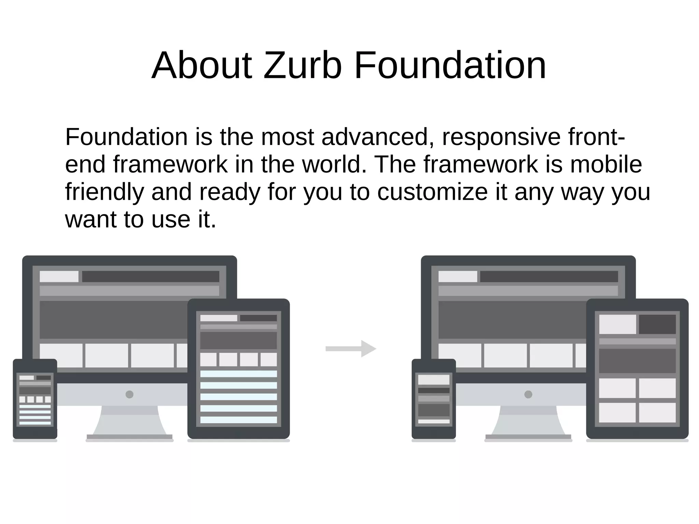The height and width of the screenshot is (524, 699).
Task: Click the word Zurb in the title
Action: pos(302,65)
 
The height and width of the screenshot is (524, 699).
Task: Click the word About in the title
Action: pos(202,65)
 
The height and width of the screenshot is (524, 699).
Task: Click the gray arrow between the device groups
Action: pos(351,349)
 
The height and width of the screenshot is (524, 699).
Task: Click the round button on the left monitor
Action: pos(129,394)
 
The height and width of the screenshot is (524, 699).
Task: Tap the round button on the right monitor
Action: pos(528,394)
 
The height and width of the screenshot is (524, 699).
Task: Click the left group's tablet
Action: pos(238,369)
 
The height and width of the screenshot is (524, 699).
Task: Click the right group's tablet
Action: pos(637,369)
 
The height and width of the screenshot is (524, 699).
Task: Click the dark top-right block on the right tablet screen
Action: pos(657,324)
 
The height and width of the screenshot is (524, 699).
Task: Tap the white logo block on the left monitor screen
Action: pos(59,277)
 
